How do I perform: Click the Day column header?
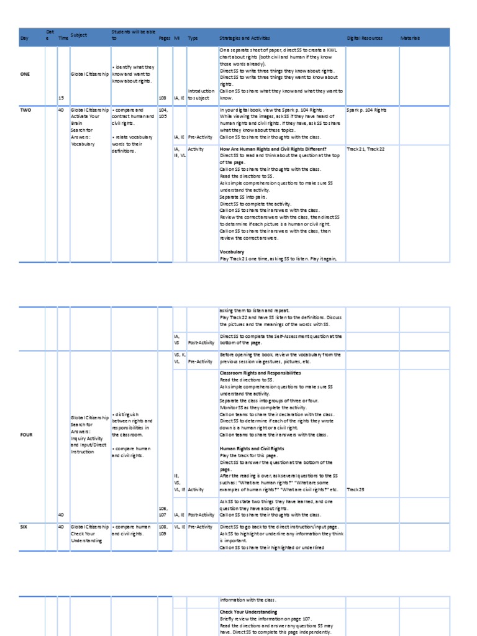[x=25, y=39]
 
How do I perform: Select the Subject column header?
[x=79, y=35]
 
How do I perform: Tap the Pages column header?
[x=164, y=39]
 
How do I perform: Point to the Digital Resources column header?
[x=366, y=39]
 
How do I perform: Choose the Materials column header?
[x=411, y=39]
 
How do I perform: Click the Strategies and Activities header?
[x=246, y=39]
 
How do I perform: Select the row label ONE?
[x=25, y=74]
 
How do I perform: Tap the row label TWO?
[x=25, y=109]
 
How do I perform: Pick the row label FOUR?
[x=26, y=435]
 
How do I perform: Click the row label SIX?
[x=24, y=526]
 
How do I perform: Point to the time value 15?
[x=60, y=98]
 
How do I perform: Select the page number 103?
[x=163, y=98]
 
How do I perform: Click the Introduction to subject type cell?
[x=201, y=94]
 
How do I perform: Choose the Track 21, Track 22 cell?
[x=366, y=149]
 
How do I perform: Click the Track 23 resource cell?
[x=355, y=490]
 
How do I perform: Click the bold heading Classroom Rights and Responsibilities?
[x=260, y=373]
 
